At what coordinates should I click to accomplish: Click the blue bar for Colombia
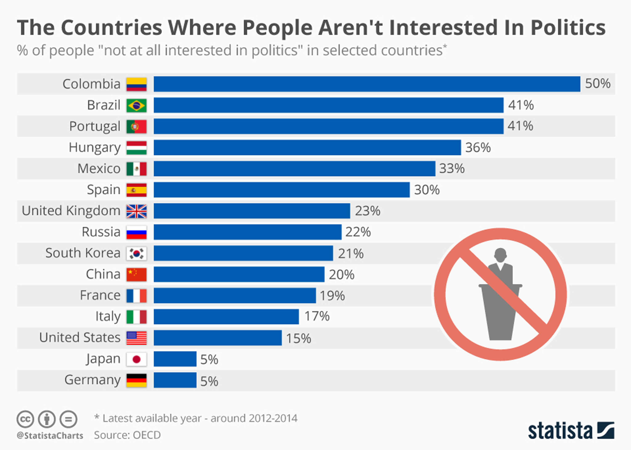367,84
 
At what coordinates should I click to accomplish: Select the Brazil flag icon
137,105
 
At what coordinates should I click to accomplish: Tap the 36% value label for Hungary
478,147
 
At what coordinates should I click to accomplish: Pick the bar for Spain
282,190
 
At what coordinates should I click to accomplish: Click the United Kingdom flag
137,211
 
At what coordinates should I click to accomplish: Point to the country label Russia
101,232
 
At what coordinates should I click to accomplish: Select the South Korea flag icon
137,253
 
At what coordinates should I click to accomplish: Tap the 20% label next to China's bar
341,275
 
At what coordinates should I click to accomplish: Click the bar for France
235,295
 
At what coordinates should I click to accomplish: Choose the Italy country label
108,316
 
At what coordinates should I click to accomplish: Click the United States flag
137,338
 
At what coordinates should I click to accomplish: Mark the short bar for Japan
175,359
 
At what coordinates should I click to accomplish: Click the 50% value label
598,83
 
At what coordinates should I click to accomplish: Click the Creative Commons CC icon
25,419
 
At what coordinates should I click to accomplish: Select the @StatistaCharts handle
50,436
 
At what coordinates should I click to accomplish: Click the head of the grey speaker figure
500,254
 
